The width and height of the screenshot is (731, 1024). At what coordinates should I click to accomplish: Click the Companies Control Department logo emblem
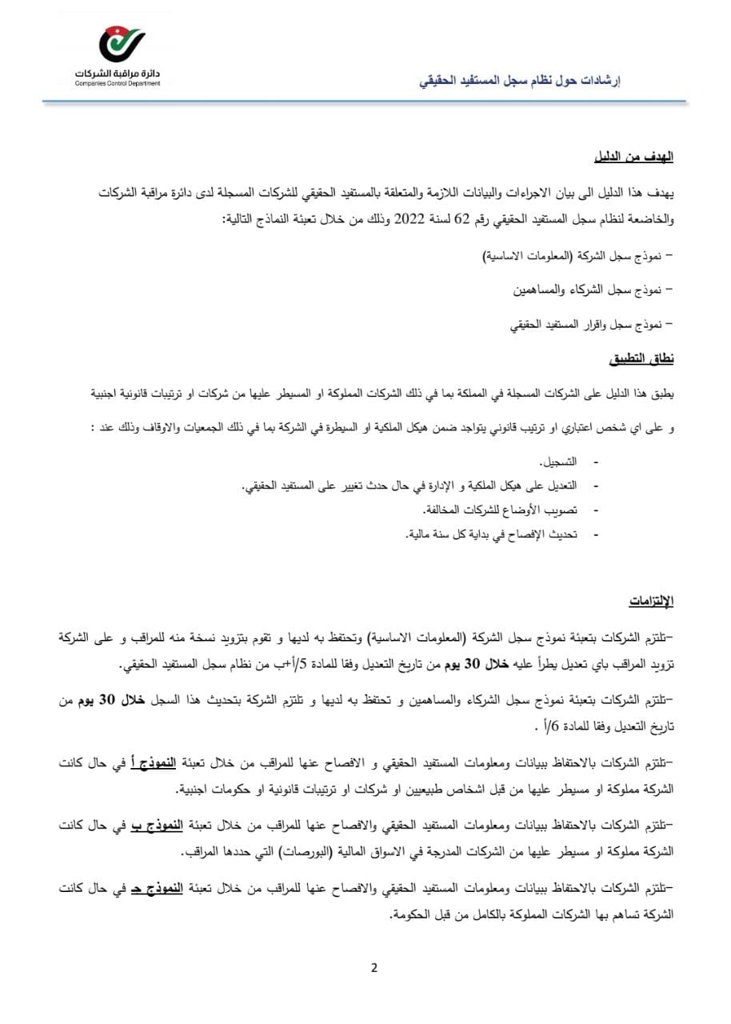(121, 45)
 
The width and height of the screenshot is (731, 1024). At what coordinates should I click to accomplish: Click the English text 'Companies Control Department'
(118, 82)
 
